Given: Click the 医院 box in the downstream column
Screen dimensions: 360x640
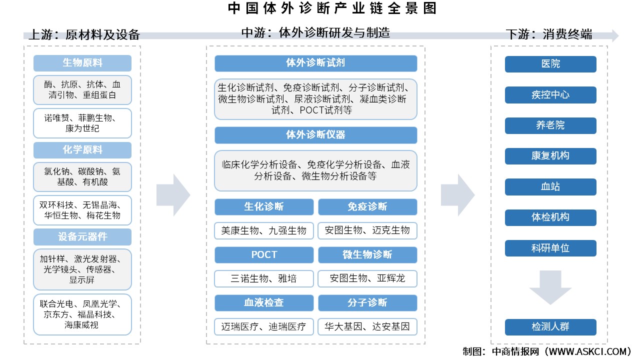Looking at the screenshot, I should pyautogui.click(x=550, y=64).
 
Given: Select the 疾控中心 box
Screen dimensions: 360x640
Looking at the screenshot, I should pyautogui.click(x=550, y=95).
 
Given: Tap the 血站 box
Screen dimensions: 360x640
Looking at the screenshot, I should pyautogui.click(x=550, y=187).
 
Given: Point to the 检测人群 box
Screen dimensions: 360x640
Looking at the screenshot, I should pyautogui.click(x=550, y=327).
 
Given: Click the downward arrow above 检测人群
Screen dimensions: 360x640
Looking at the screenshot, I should pyautogui.click(x=550, y=287).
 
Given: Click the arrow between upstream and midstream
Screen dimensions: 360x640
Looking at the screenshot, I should pyautogui.click(x=173, y=194).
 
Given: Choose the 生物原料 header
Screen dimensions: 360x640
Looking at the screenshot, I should pyautogui.click(x=82, y=63).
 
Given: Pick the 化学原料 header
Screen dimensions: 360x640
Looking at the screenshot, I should pyautogui.click(x=82, y=150).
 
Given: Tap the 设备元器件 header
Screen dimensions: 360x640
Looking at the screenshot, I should pyautogui.click(x=82, y=236).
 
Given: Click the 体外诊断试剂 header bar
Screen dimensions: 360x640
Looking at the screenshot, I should pyautogui.click(x=315, y=63).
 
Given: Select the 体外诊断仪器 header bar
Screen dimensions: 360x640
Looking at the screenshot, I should pyautogui.click(x=315, y=135).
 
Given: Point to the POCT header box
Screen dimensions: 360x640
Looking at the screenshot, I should pyautogui.click(x=264, y=255).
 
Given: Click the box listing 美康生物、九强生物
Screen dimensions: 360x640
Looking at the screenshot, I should pyautogui.click(x=264, y=230).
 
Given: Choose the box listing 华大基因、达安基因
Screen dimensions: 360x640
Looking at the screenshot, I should pyautogui.click(x=367, y=326).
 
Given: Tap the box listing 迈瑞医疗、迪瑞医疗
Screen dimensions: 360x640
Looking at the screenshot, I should pyautogui.click(x=264, y=326).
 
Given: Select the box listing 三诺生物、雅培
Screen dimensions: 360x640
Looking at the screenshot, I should pyautogui.click(x=264, y=278).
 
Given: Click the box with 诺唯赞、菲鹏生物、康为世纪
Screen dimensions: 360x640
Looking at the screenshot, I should pyautogui.click(x=82, y=123).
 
